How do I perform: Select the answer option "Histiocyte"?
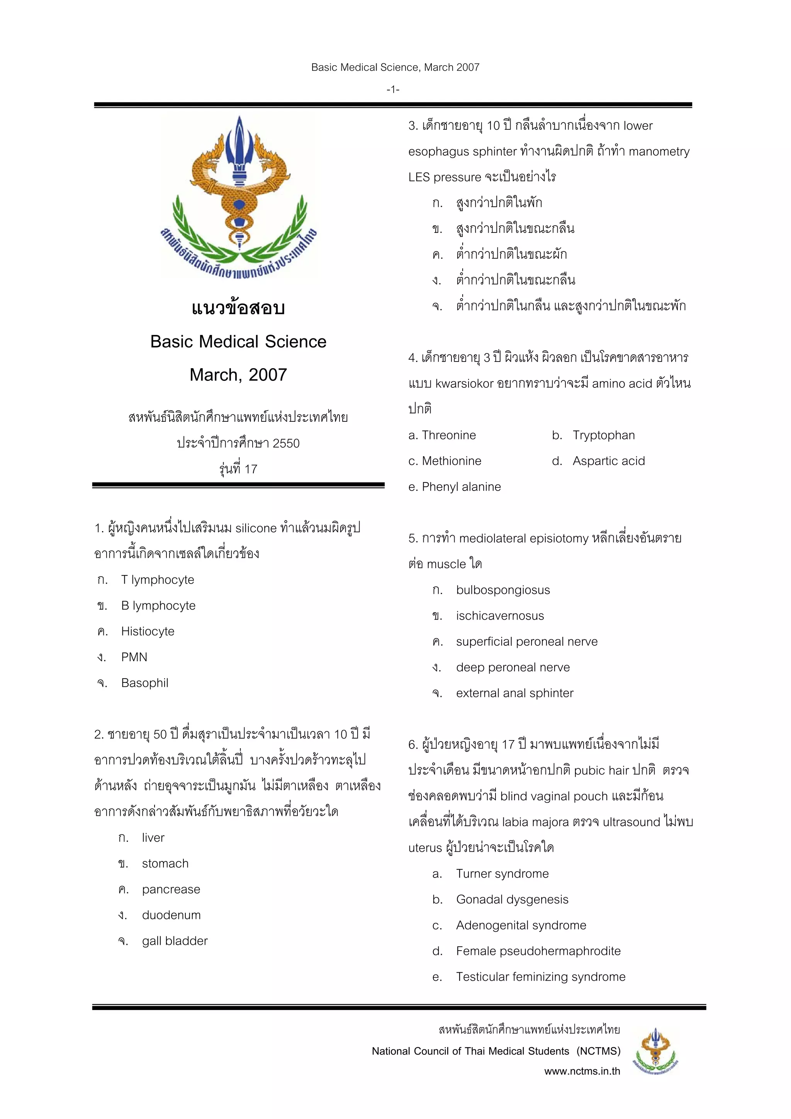147,631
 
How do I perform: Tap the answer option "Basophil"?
144,683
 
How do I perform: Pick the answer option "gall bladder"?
175,941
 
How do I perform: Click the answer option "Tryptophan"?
603,435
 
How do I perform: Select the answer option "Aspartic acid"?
608,461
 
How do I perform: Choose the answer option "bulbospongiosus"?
502,590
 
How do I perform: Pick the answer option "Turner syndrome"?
502,873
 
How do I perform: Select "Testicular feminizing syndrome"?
540,977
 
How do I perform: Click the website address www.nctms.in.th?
582,1071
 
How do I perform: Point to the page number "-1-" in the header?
393,90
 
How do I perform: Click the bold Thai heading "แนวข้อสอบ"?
238,308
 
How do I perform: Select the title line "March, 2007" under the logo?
238,375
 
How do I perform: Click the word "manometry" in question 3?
659,151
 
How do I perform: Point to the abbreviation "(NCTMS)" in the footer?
599,1051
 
